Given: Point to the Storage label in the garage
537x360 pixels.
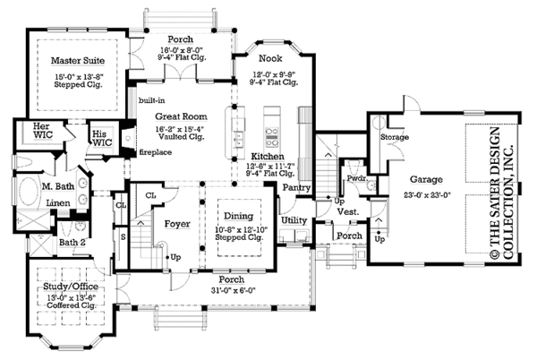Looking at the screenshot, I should point(396,138).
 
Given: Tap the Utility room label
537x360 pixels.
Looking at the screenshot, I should point(293,219).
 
